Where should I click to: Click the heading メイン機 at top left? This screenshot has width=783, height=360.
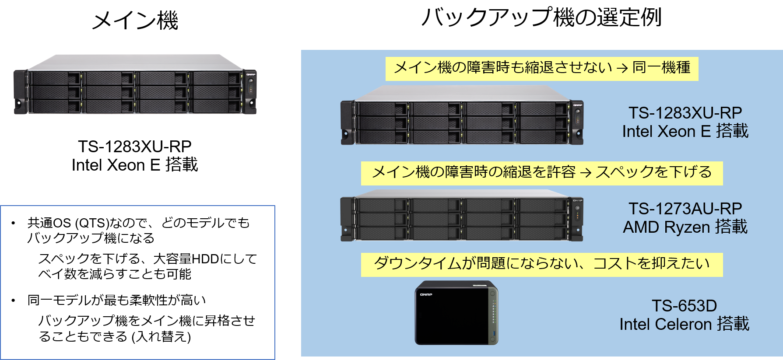[x=135, y=20]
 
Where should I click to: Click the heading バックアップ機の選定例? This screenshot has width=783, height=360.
[x=541, y=17]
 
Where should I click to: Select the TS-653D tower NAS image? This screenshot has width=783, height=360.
[x=456, y=313]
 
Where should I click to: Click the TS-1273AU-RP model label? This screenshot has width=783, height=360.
[x=685, y=209]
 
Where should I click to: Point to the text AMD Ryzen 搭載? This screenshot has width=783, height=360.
[x=685, y=227]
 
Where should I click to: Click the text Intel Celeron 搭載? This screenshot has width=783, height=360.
[x=685, y=324]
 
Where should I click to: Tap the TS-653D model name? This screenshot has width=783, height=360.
[x=685, y=306]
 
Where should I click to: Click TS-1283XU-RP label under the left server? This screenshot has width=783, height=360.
[x=135, y=147]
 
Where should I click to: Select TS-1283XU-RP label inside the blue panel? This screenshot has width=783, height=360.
[x=685, y=113]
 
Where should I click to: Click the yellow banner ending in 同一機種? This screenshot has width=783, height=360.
[x=542, y=69]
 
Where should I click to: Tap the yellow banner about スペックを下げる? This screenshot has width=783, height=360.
[x=542, y=173]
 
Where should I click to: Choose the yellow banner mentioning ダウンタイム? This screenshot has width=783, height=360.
[x=542, y=265]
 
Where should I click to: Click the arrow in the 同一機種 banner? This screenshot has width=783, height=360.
[x=622, y=69]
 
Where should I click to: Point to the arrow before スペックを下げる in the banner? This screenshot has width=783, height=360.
[x=586, y=173]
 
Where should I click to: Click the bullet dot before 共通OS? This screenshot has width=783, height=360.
[x=13, y=224]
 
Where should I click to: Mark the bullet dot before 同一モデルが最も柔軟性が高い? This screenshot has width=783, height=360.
[x=13, y=301]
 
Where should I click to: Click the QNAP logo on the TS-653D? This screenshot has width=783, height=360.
[x=426, y=294]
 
